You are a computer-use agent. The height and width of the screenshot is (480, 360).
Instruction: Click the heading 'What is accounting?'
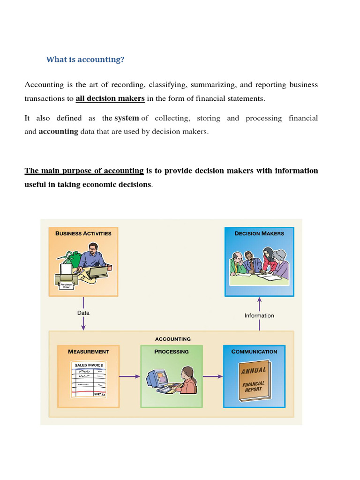[x=85, y=60]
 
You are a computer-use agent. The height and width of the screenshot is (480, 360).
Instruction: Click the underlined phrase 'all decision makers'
[x=110, y=98]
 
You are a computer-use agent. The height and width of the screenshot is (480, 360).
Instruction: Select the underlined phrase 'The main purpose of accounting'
[x=84, y=171]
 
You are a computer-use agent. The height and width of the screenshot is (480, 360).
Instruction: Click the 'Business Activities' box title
[x=83, y=233]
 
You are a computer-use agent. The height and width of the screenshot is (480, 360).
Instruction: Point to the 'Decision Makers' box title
[x=259, y=233]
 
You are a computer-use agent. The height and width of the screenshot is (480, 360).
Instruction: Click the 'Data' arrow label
[x=83, y=313]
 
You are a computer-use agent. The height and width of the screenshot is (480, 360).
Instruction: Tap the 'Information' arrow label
[x=259, y=315]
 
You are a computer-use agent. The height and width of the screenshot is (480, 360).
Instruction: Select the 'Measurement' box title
[x=88, y=352]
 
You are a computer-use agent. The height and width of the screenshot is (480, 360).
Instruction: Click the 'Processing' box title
[x=172, y=352]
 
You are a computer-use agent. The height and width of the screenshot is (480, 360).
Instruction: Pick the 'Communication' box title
[x=254, y=352]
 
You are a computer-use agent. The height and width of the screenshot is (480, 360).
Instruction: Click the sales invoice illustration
[x=88, y=379]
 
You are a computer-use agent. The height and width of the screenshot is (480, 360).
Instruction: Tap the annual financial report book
[x=254, y=381]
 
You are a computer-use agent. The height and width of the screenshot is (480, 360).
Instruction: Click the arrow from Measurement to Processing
[x=130, y=376]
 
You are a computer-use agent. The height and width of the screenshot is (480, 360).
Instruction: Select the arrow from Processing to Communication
[x=213, y=376]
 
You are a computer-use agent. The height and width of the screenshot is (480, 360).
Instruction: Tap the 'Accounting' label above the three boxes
[x=172, y=339]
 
